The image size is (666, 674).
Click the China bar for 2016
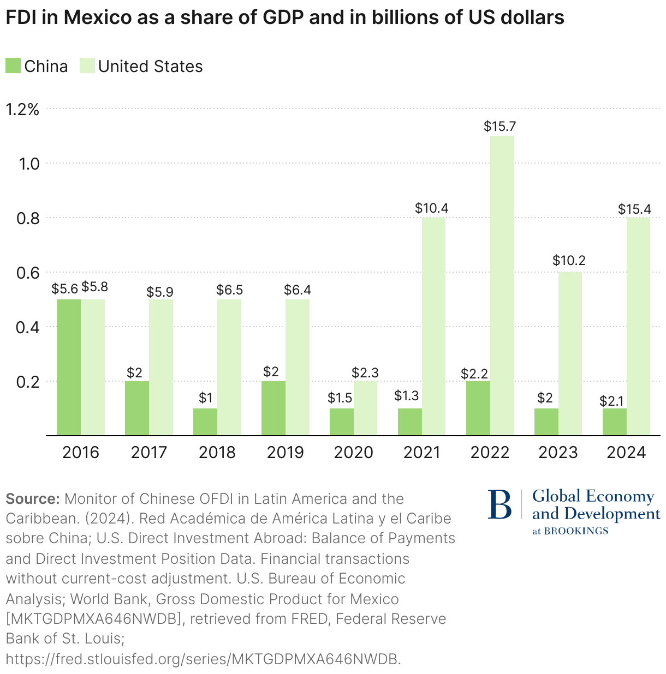tap(69, 367)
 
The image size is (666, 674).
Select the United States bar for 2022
tap(502, 285)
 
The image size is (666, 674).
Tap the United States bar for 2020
tap(365, 408)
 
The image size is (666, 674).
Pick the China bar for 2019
tap(273, 408)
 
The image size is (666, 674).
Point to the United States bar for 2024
tap(638, 326)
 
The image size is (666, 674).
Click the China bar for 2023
tap(546, 422)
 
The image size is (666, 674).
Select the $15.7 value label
tap(499, 127)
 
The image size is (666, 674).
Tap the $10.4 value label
tap(432, 208)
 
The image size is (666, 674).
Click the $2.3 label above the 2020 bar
tap(365, 373)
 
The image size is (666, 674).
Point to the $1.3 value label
tap(406, 395)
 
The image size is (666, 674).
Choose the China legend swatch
tap(13, 66)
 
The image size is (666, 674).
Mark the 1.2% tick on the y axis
tap(22, 109)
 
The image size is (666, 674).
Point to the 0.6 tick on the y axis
tap(28, 272)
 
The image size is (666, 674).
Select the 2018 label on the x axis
tap(217, 453)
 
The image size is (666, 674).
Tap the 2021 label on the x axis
tap(421, 453)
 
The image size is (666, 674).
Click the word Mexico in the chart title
tap(97, 17)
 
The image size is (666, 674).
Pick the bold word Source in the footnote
tap(32, 499)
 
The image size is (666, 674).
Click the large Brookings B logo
tap(499, 504)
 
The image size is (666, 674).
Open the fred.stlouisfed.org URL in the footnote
tap(203, 659)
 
